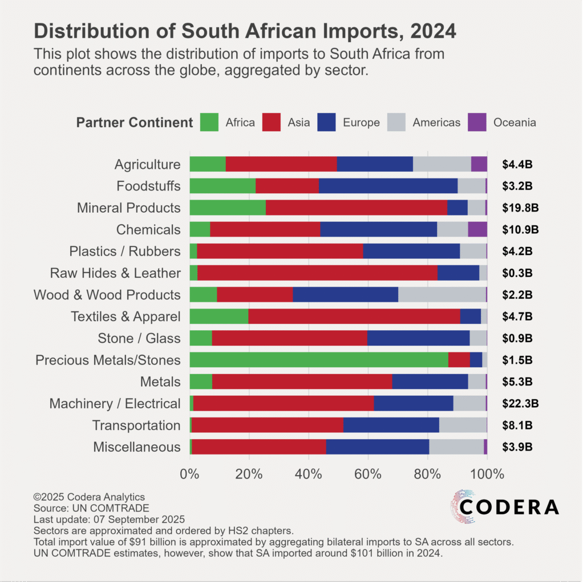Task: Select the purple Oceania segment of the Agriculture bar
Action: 479,164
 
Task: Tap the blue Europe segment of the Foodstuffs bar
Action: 388,186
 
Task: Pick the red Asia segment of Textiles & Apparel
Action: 354,317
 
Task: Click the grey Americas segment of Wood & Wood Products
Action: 442,295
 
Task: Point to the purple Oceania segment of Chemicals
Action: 477,229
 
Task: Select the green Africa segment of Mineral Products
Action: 227,208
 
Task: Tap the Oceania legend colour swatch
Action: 477,122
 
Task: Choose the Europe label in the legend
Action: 361,123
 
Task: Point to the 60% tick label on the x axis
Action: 368,473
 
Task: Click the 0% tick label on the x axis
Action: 189,473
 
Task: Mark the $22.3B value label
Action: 520,404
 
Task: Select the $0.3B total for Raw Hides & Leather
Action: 517,273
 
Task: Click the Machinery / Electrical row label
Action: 115,404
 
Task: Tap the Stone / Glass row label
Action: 139,338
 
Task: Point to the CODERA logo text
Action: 509,506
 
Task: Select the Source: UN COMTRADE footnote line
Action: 91,508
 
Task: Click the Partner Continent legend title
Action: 135,123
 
